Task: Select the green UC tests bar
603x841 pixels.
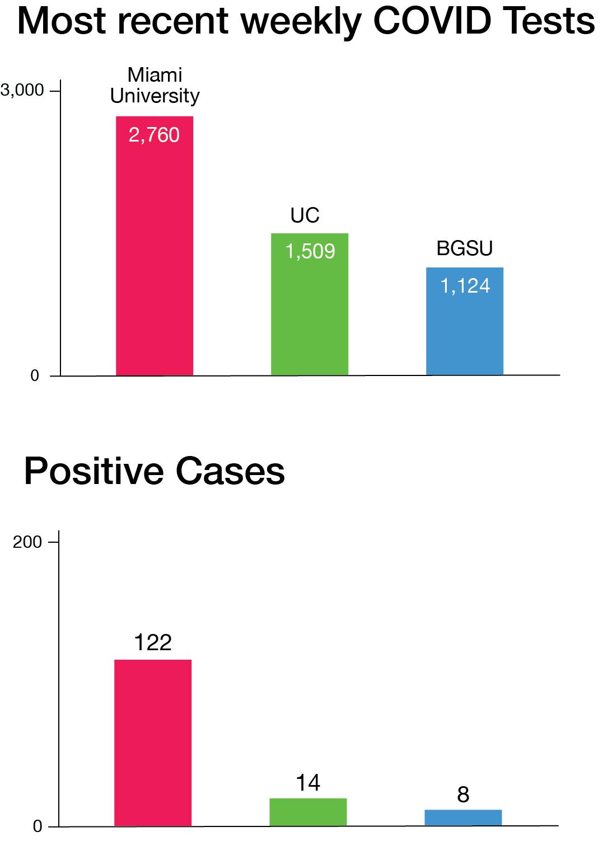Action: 309,313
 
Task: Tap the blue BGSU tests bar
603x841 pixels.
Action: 464,330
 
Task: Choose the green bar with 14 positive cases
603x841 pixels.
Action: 308,812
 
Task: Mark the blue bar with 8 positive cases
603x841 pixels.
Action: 463,817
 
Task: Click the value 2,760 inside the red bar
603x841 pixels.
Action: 154,135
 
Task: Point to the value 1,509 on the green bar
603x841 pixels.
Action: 310,251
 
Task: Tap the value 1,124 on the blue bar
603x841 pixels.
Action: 465,286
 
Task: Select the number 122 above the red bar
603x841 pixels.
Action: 153,642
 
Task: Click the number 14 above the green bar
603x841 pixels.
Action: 308,782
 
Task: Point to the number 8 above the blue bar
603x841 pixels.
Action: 463,795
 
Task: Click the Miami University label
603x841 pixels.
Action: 155,85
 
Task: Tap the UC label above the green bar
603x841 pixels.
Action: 305,215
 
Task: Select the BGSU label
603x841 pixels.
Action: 465,248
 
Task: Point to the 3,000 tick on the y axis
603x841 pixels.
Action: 22,90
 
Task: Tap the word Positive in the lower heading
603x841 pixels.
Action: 94,471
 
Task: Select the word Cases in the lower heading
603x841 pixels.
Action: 230,471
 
